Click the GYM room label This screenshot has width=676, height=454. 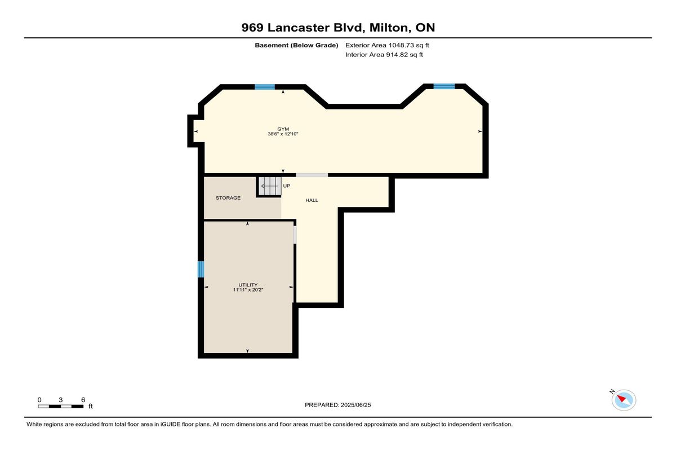pyautogui.click(x=283, y=129)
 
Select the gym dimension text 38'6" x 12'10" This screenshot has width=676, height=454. pyautogui.click(x=283, y=134)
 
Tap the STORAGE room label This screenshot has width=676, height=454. pyautogui.click(x=228, y=198)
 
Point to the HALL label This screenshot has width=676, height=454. pyautogui.click(x=312, y=200)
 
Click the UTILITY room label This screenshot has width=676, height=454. pyautogui.click(x=248, y=285)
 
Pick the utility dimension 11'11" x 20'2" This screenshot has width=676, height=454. pyautogui.click(x=248, y=290)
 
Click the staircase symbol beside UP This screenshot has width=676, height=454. pyautogui.click(x=269, y=186)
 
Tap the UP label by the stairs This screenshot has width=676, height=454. pyautogui.click(x=287, y=186)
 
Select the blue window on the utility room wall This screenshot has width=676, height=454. pyautogui.click(x=201, y=269)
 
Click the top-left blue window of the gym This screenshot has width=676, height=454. pyautogui.click(x=265, y=87)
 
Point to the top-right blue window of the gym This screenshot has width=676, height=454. pyautogui.click(x=444, y=86)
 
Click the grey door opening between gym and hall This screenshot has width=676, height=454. pyautogui.click(x=312, y=175)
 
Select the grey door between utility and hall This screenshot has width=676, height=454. pyautogui.click(x=295, y=235)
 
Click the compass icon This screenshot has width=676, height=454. pyautogui.click(x=624, y=400)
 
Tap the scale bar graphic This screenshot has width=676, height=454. pyautogui.click(x=61, y=406)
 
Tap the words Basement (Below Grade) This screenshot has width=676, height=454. pyautogui.click(x=296, y=45)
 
